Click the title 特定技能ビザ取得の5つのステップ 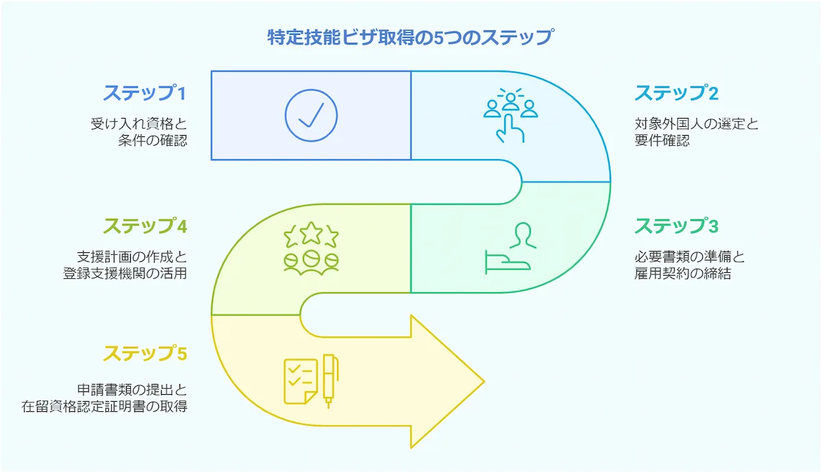410,37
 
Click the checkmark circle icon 311,115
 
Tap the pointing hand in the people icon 510,128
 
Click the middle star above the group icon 311,234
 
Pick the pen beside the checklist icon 329,380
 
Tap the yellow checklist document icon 300,381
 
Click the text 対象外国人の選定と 696,125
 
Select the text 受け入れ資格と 138,125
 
